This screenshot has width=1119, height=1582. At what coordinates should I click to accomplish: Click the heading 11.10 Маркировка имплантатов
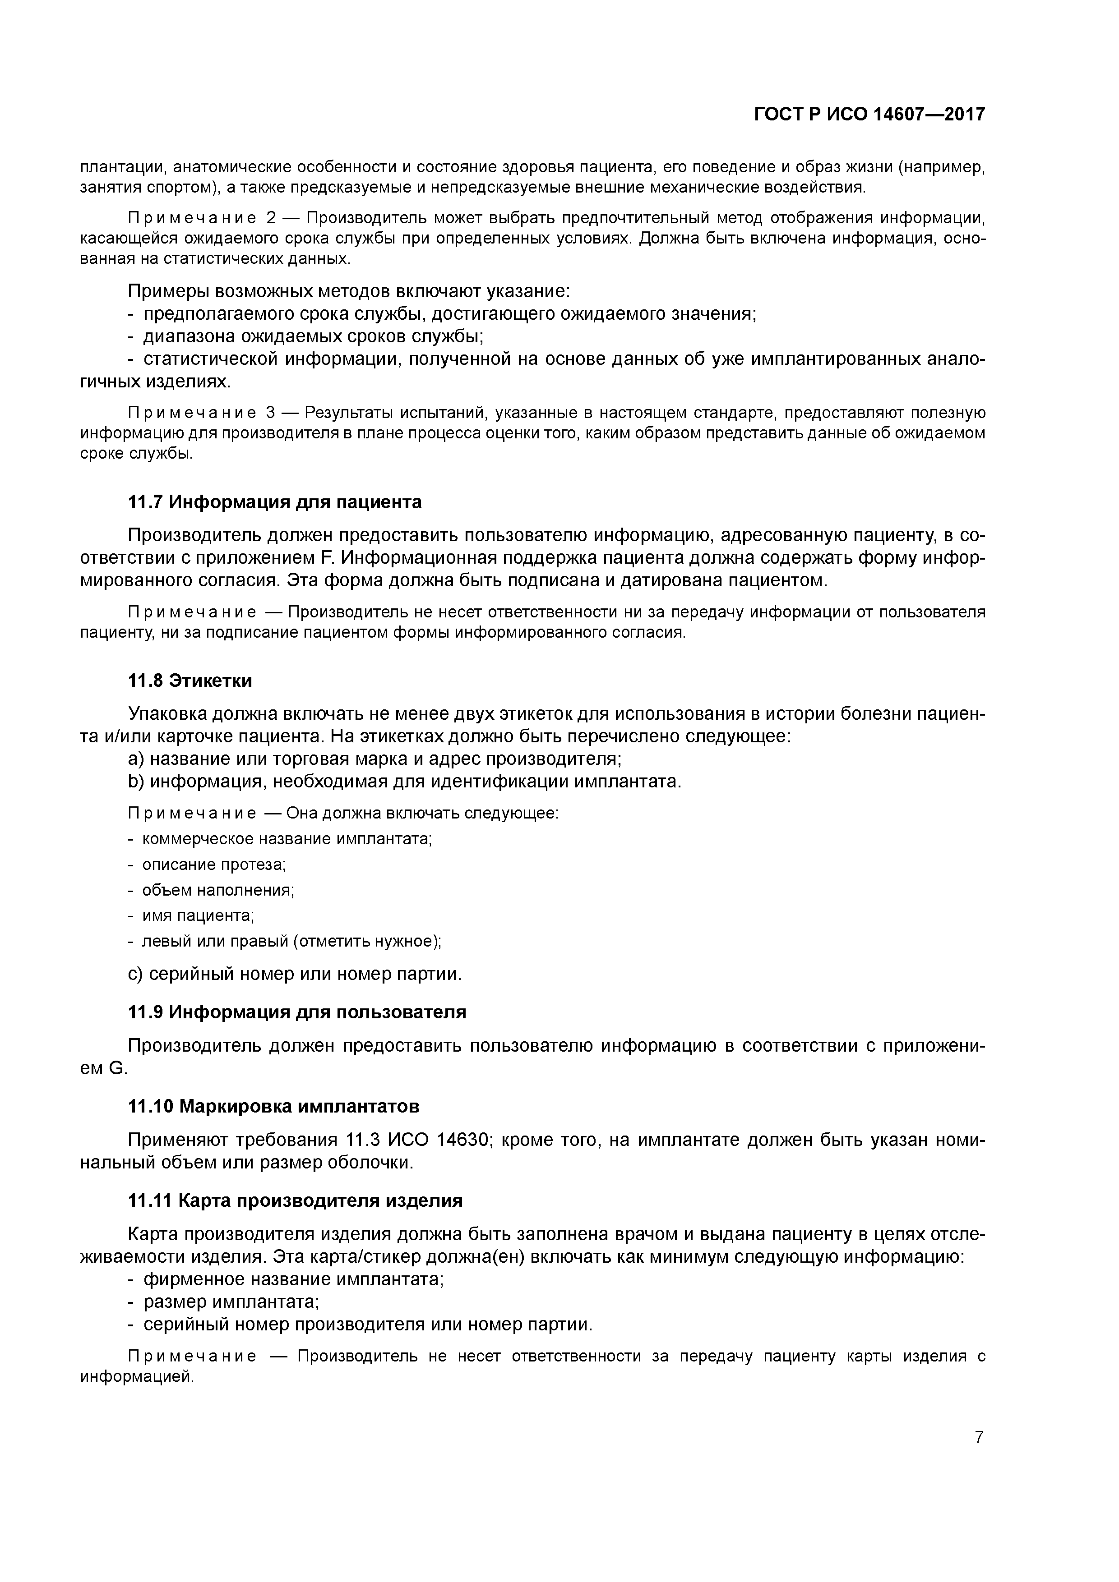point(274,1107)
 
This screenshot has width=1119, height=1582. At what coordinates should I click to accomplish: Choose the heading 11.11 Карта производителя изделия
point(295,1200)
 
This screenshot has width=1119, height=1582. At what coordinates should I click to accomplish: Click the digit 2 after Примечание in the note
point(271,218)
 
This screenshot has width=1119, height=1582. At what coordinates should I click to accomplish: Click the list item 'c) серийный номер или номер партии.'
point(294,974)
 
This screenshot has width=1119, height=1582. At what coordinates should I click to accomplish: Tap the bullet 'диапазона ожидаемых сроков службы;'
point(312,336)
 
